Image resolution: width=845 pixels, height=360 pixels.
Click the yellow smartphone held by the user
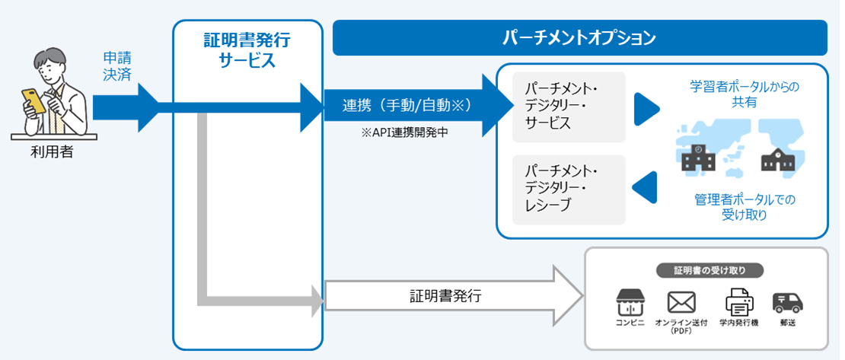[x=33, y=101]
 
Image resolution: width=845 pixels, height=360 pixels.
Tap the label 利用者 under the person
[x=52, y=152]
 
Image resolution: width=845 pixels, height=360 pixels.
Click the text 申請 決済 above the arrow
[x=118, y=66]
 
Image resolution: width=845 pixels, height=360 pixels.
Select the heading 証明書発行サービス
[x=247, y=50]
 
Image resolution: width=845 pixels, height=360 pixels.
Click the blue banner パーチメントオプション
[x=579, y=38]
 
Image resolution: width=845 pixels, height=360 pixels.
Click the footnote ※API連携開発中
[x=404, y=132]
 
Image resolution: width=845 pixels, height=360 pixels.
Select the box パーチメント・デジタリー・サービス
[x=569, y=107]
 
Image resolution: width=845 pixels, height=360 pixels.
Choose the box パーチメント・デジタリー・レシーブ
[x=569, y=190]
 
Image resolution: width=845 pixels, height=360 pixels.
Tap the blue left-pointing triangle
[x=646, y=187]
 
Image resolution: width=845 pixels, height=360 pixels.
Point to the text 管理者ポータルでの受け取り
[x=744, y=207]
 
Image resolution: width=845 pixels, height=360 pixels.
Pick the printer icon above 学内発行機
[x=738, y=302]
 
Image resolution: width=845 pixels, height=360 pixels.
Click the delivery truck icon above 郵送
[x=788, y=302]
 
